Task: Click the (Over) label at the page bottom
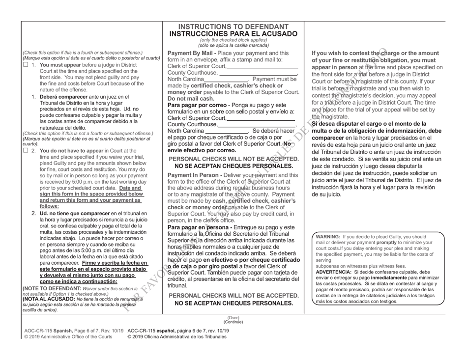point(233,331)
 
